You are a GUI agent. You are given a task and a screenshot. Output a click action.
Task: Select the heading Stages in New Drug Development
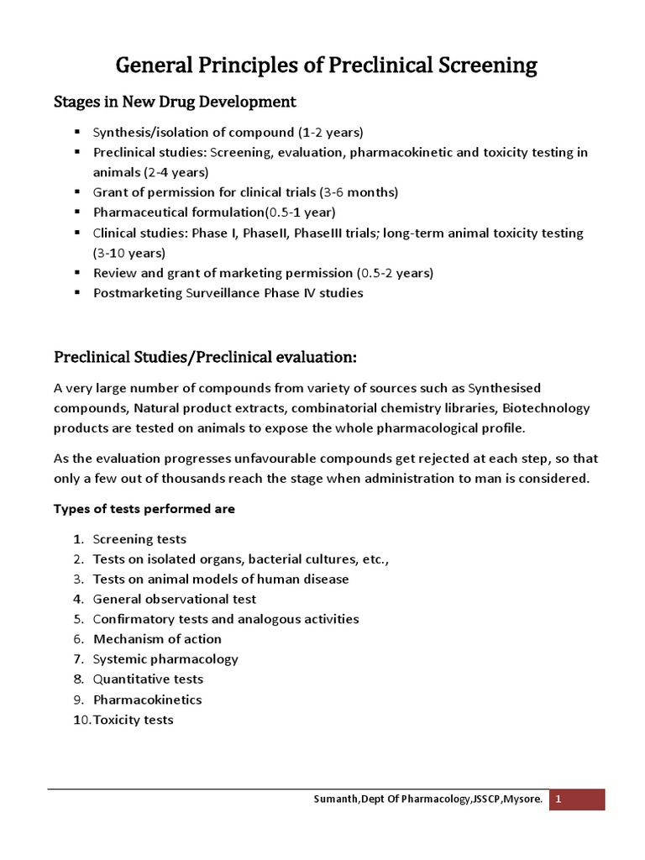point(175,102)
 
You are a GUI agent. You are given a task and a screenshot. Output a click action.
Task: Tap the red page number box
point(577,800)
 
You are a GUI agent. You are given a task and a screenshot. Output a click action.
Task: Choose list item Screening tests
point(139,539)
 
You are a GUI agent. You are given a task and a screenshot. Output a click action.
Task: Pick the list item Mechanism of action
point(157,639)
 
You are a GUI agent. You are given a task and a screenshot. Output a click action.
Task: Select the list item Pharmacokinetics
point(147,700)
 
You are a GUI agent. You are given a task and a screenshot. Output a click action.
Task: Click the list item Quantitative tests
point(148,679)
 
